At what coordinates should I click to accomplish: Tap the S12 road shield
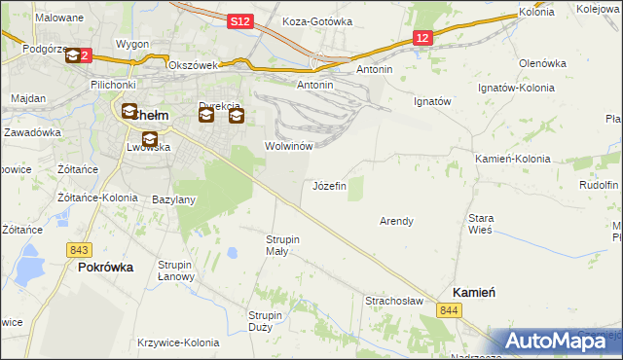(241, 20)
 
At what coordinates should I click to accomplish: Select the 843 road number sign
(80, 249)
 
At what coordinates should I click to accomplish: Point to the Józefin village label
(328, 186)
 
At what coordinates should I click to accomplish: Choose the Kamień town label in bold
(476, 292)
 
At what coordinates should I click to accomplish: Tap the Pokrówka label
(105, 267)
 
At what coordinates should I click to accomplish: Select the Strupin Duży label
(265, 321)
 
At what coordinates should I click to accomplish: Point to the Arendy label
(396, 221)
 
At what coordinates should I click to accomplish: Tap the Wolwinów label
(288, 146)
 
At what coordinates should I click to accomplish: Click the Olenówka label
(542, 63)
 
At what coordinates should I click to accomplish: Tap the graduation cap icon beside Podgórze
(74, 56)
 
